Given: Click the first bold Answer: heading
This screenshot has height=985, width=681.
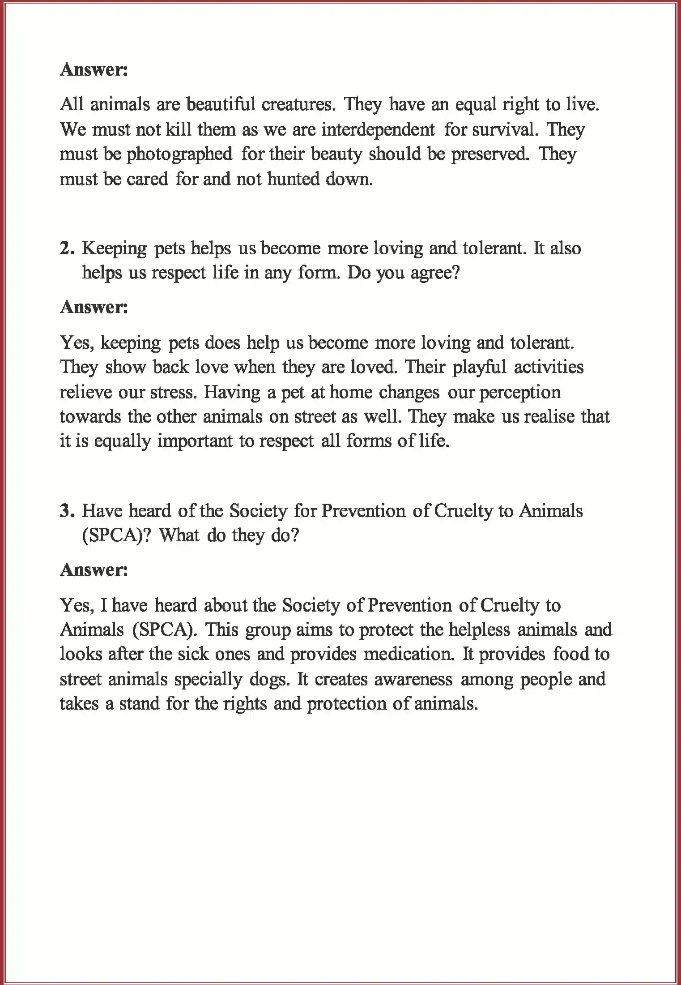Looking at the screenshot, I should tap(94, 70).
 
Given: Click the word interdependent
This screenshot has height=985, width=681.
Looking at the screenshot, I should tap(378, 130).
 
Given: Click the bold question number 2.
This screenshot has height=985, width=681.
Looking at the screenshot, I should tap(67, 248).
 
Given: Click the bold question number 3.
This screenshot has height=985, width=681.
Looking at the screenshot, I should tap(67, 511).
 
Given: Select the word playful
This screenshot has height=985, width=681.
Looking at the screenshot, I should tap(479, 367).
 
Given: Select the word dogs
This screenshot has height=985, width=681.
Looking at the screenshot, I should tap(268, 680).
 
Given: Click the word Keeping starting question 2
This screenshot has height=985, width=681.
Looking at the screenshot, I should tap(114, 248).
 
